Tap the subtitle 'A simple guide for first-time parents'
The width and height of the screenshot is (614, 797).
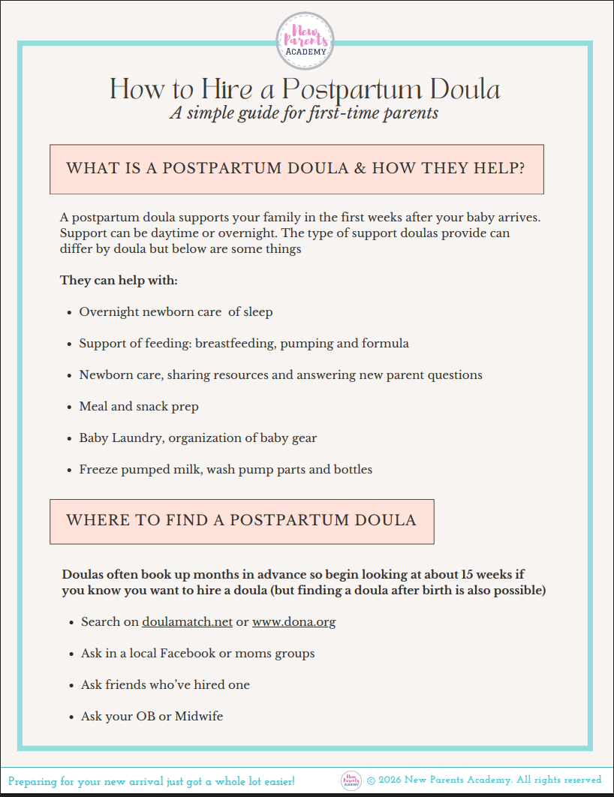[304, 113]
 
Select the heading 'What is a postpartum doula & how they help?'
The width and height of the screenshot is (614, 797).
[296, 169]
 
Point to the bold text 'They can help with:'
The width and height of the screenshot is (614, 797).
[119, 281]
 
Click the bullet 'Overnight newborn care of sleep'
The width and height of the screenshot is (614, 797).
[176, 312]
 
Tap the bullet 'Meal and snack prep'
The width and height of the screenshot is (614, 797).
[139, 407]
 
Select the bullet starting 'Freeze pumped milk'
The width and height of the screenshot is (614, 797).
[225, 470]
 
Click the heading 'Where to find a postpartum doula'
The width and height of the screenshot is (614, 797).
[241, 521]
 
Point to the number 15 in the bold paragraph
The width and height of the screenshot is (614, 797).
[469, 575]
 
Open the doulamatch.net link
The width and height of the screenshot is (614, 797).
[187, 622]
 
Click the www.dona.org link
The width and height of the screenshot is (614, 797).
[293, 622]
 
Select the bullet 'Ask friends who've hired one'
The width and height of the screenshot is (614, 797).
[165, 685]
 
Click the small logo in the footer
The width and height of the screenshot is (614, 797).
[351, 780]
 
